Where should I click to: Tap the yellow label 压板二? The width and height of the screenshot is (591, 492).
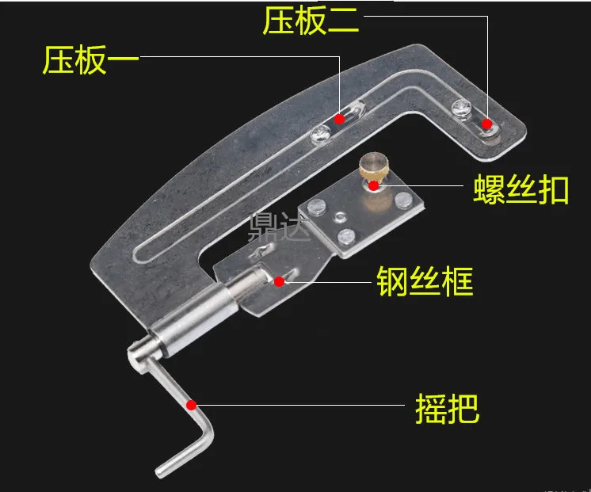pos(311,21)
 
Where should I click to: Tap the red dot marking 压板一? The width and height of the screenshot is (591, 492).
pos(339,119)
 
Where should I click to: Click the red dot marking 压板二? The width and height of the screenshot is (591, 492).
pos(486,122)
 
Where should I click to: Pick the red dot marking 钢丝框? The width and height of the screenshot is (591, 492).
pos(279,280)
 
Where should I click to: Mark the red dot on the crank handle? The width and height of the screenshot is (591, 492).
pos(191,405)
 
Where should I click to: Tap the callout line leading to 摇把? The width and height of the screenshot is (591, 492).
pos(301,405)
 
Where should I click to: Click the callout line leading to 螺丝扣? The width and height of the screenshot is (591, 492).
pos(420,186)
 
